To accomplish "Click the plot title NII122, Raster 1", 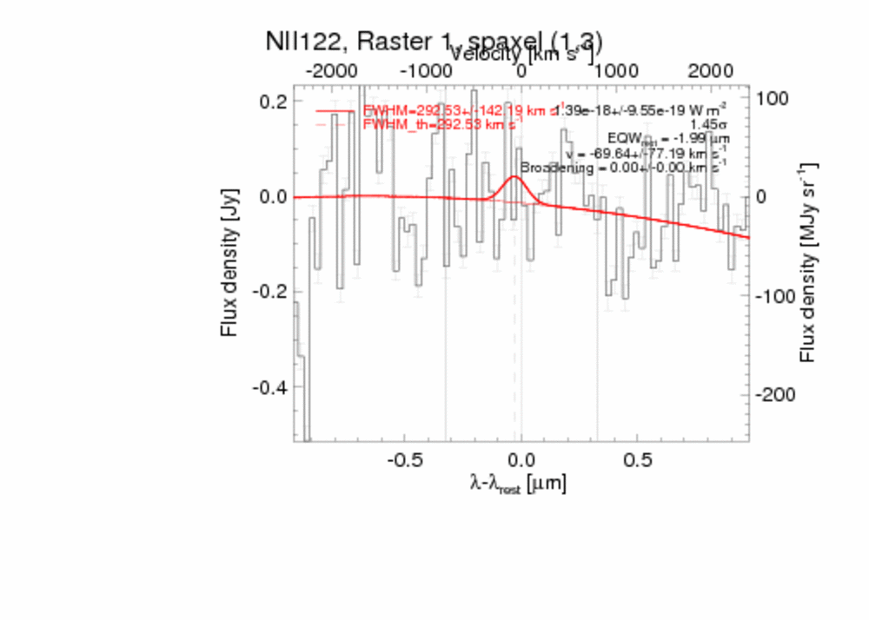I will coord(434,41).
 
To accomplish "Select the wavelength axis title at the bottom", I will coord(518,484).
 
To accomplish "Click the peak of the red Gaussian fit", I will coord(514,177).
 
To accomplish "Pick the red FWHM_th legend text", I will coord(441,125).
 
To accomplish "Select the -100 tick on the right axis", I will coord(773,296).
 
